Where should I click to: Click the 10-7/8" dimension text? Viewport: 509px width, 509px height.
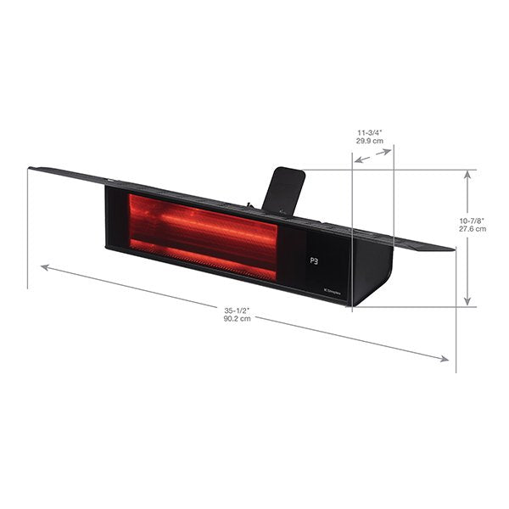click(x=473, y=220)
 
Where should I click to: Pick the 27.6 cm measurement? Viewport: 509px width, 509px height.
click(x=473, y=229)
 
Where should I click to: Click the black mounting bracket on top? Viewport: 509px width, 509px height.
click(x=284, y=189)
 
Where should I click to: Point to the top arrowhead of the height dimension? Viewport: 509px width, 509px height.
click(x=466, y=175)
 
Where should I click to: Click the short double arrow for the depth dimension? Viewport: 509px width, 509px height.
click(x=373, y=156)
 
